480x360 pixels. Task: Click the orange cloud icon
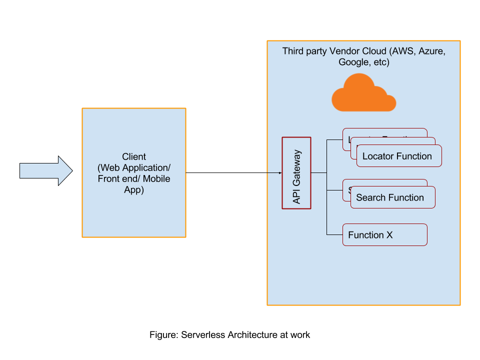click(363, 94)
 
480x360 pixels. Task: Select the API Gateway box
click(296, 173)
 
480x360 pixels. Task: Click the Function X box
click(384, 235)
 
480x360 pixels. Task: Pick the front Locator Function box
click(398, 156)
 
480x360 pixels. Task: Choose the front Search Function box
click(392, 198)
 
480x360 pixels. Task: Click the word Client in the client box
click(134, 156)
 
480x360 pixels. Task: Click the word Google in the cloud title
click(353, 62)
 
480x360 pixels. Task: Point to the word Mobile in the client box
click(156, 178)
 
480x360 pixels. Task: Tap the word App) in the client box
click(134, 189)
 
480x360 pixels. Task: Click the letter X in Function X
click(389, 235)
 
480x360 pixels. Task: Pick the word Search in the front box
click(370, 198)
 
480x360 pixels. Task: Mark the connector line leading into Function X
click(334, 234)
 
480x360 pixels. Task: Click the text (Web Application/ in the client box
click(134, 167)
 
